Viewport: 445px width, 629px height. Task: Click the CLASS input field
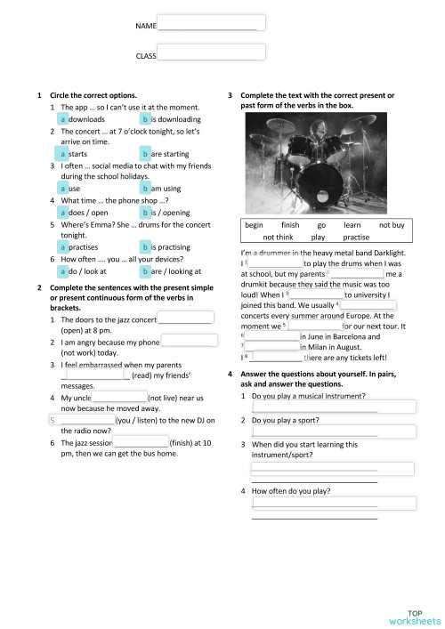pyautogui.click(x=212, y=53)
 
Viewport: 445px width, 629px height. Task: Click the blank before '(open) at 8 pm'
pyautogui.click(x=185, y=319)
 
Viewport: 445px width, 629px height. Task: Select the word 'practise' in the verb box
pyautogui.click(x=356, y=238)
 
